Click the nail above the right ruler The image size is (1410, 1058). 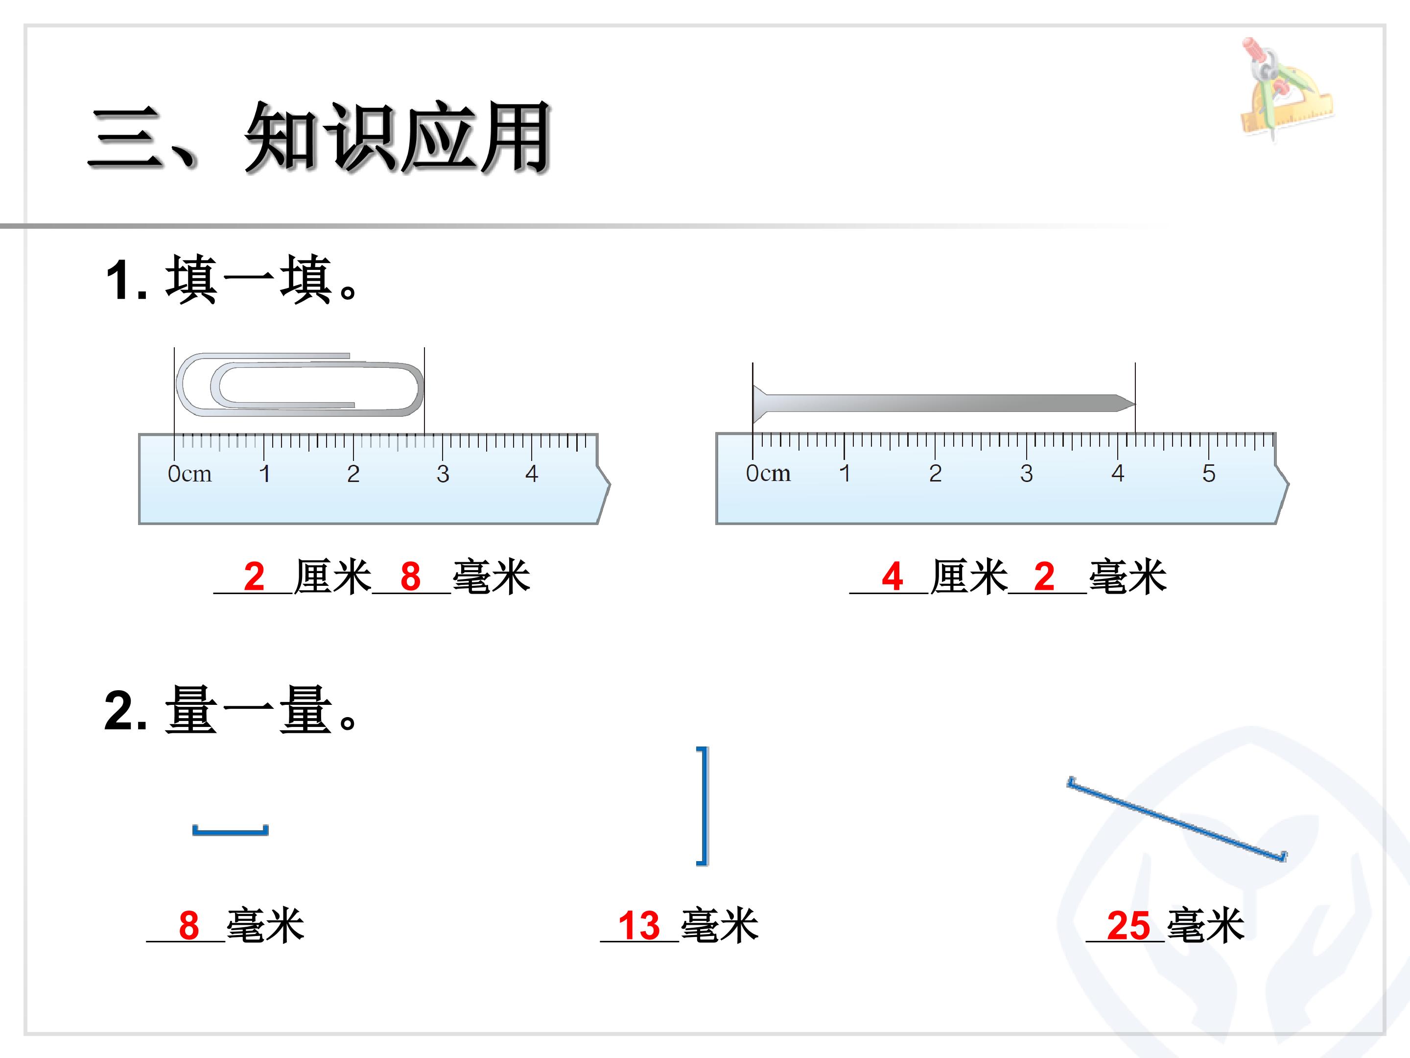pyautogui.click(x=943, y=404)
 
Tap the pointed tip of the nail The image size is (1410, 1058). pyautogui.click(x=1135, y=404)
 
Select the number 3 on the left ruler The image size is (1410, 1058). pyautogui.click(x=443, y=474)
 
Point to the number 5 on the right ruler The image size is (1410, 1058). pyautogui.click(x=1209, y=473)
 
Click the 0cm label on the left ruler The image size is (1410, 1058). pyautogui.click(x=189, y=474)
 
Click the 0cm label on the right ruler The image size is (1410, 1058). pyautogui.click(x=768, y=473)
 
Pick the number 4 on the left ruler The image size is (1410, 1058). pyautogui.click(x=532, y=474)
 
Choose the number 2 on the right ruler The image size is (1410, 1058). pyautogui.click(x=935, y=473)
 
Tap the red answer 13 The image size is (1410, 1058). pyautogui.click(x=639, y=925)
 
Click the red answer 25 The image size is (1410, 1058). pyautogui.click(x=1128, y=925)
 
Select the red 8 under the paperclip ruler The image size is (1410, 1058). pyautogui.click(x=410, y=577)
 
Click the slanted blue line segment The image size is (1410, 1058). pyautogui.click(x=1176, y=820)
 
